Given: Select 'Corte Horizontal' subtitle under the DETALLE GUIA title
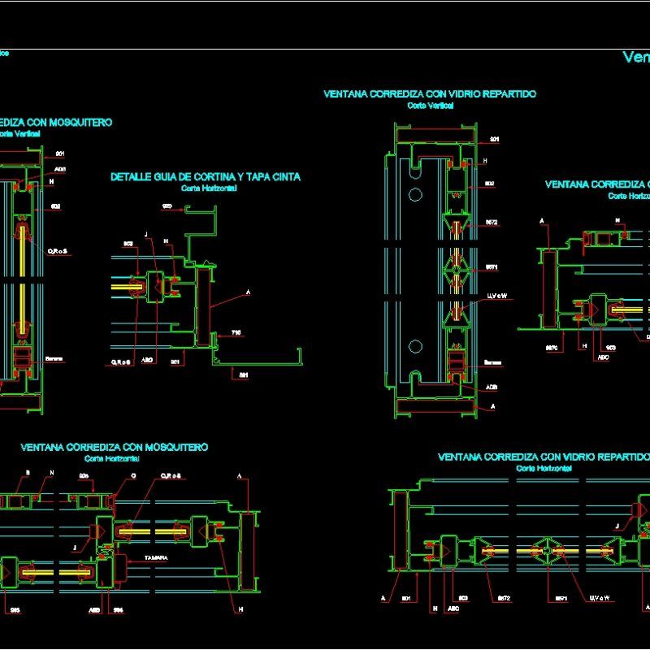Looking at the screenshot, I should click(x=209, y=188).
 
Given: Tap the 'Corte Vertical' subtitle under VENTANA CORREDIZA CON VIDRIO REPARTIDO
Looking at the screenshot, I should click(x=430, y=106).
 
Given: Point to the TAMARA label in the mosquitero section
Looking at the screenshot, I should click(x=156, y=557).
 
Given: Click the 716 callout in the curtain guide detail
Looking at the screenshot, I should click(x=236, y=333).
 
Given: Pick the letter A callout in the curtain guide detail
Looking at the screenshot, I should click(x=248, y=292).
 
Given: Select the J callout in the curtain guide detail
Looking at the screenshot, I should click(x=146, y=235).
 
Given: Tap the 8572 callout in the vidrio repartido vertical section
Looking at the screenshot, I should click(x=492, y=222).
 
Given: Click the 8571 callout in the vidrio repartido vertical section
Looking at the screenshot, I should click(x=492, y=267).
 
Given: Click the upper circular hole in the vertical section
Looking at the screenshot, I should click(x=415, y=194).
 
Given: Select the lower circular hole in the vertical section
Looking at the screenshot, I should click(x=415, y=346).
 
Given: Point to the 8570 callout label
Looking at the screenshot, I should click(x=550, y=347).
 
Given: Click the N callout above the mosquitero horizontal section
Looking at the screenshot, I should click(x=51, y=473).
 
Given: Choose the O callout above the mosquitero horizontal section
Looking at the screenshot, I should click(x=133, y=475).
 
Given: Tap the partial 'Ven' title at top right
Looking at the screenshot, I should click(x=635, y=57).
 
